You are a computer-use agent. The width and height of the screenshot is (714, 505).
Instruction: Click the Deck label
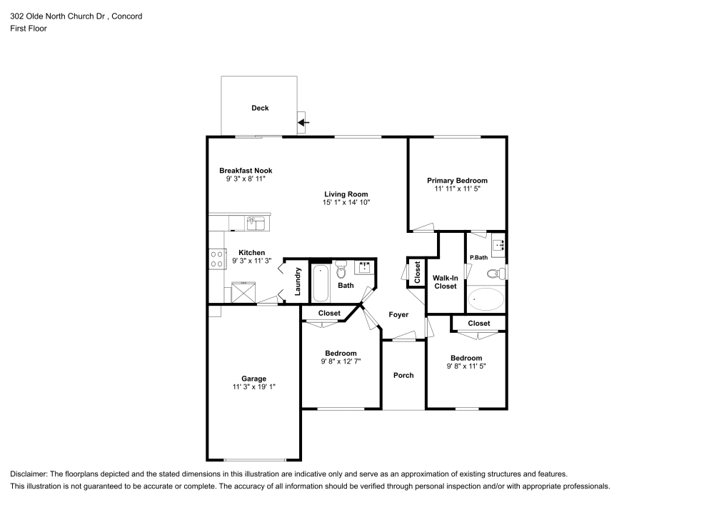(x=260, y=108)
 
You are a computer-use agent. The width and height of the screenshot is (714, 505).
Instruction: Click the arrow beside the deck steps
(x=303, y=123)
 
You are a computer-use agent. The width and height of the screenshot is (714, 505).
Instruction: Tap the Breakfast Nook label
(x=246, y=171)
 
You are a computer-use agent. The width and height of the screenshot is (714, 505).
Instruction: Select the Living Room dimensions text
(x=346, y=203)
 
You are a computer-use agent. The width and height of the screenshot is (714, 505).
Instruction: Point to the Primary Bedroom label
(x=457, y=181)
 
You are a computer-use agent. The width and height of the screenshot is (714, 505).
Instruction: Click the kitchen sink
(x=256, y=224)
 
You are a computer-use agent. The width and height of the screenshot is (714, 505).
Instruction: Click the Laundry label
(x=298, y=282)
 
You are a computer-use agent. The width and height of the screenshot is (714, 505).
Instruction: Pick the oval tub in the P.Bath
(x=486, y=299)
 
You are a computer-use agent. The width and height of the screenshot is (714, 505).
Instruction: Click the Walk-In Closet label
(x=445, y=281)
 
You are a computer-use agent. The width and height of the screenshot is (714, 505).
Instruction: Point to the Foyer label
(x=398, y=314)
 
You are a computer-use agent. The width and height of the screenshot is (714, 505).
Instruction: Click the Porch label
(x=403, y=375)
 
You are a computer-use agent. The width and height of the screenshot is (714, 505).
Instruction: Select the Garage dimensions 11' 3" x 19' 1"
(x=253, y=387)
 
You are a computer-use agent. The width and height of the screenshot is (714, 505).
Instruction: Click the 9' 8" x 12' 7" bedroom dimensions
(x=341, y=361)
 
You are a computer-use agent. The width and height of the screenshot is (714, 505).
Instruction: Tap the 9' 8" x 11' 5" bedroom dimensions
(x=466, y=366)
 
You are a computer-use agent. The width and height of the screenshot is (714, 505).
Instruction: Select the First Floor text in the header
(x=29, y=29)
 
